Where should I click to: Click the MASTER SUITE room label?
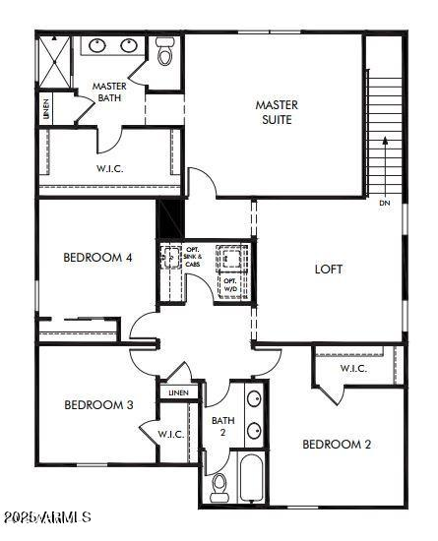coord(276,112)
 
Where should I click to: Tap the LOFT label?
coord(329,269)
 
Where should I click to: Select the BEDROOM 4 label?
coord(97,258)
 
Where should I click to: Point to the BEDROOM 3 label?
coord(98,404)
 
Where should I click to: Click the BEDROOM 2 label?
coord(337,444)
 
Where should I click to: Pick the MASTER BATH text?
coord(109,92)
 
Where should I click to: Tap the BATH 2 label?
coord(222,427)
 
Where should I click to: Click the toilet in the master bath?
coord(164,52)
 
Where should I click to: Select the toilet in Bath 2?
coord(219,485)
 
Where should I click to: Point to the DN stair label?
coord(384,204)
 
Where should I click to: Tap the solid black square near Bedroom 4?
coord(170,216)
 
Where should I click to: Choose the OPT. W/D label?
coord(229,286)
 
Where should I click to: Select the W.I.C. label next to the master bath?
coord(109,168)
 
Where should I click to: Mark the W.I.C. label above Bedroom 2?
coord(353,369)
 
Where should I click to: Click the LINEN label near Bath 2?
coord(177,393)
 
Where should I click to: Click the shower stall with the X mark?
coord(55,62)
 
